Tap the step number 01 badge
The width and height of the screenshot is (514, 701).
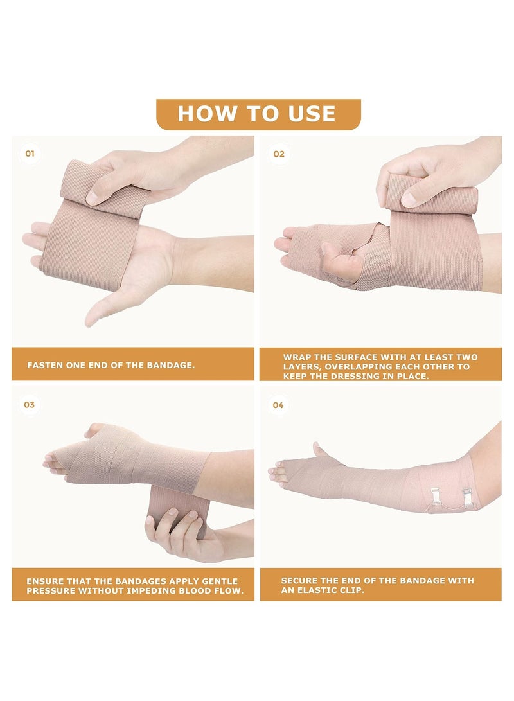pos(30,154)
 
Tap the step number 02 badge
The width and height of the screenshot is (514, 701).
pos(279,154)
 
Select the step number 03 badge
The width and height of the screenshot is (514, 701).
pos(30,405)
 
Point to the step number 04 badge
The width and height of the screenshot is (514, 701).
pos(278,405)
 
